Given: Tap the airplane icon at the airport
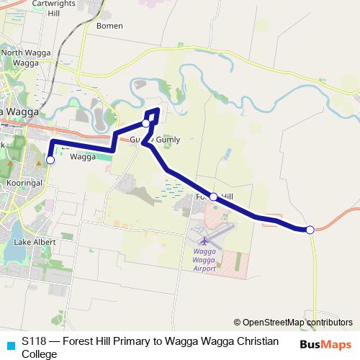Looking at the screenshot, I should (204, 239).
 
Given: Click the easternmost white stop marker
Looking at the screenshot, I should (310, 230).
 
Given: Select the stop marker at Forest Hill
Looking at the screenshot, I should (213, 196).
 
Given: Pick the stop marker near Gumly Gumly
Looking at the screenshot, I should (146, 124).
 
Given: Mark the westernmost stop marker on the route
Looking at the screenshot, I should (50, 160).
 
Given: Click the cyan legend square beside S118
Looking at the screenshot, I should (10, 343).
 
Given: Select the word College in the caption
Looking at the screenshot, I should (39, 354).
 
